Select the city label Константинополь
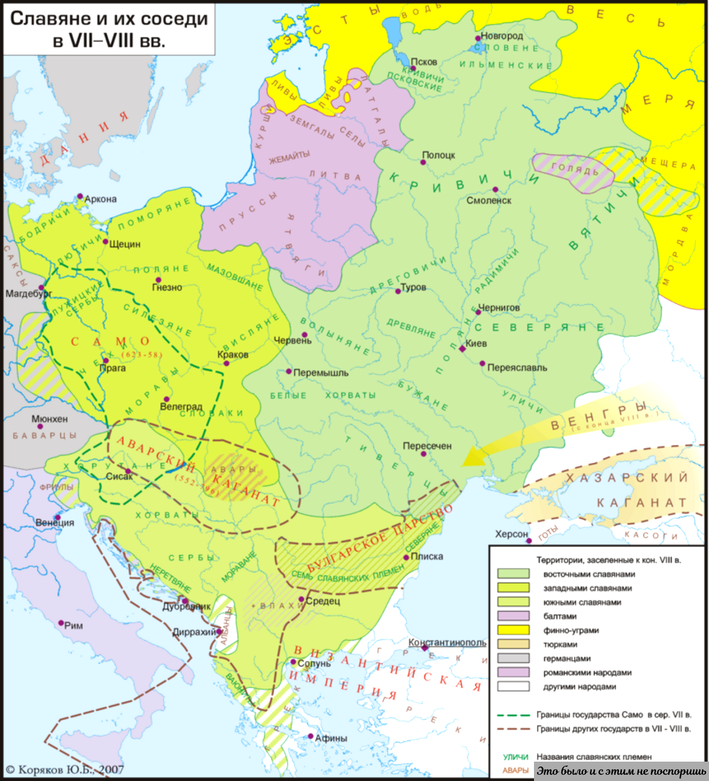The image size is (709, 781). coord(448,642)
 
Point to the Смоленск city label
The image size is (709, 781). coord(489,200)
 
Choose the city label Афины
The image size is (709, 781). coord(331,739)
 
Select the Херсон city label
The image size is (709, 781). coord(510,534)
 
